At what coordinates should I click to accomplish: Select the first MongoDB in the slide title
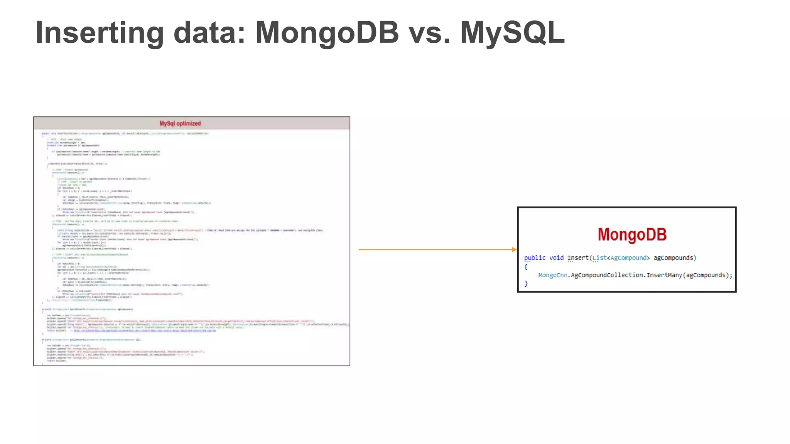pyautogui.click(x=327, y=33)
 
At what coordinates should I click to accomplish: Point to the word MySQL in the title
pyautogui.click(x=513, y=33)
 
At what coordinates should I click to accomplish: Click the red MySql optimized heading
pyautogui.click(x=180, y=124)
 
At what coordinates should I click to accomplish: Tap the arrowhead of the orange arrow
pyautogui.click(x=514, y=250)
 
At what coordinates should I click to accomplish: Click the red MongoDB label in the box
pyautogui.click(x=632, y=235)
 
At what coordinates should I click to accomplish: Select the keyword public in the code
pyautogui.click(x=535, y=258)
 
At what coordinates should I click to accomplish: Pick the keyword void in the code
pyautogui.click(x=556, y=258)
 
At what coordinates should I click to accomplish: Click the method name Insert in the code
pyautogui.click(x=577, y=258)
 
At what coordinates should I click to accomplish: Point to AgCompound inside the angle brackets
pyautogui.click(x=628, y=258)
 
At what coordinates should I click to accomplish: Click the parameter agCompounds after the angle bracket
pyautogui.click(x=674, y=258)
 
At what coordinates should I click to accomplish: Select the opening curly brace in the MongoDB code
pyautogui.click(x=526, y=267)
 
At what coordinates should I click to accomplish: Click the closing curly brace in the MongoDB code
pyautogui.click(x=526, y=284)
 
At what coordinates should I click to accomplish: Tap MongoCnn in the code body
pyautogui.click(x=552, y=275)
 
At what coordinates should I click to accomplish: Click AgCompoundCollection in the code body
pyautogui.click(x=607, y=275)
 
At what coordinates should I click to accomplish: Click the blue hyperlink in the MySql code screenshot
pyautogui.click(x=145, y=331)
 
